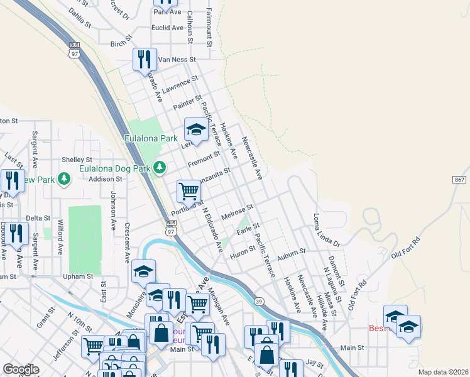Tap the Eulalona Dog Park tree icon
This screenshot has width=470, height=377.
click(x=160, y=167)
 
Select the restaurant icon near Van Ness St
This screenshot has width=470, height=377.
click(x=145, y=60)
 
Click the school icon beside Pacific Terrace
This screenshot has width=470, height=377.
click(x=196, y=130)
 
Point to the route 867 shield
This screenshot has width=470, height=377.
click(x=459, y=179)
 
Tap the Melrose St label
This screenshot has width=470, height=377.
click(x=237, y=209)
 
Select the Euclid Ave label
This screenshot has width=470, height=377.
click(x=167, y=28)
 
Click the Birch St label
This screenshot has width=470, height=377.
click(x=118, y=44)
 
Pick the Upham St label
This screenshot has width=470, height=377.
click(x=77, y=276)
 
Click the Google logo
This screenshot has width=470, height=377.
click(x=21, y=369)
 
